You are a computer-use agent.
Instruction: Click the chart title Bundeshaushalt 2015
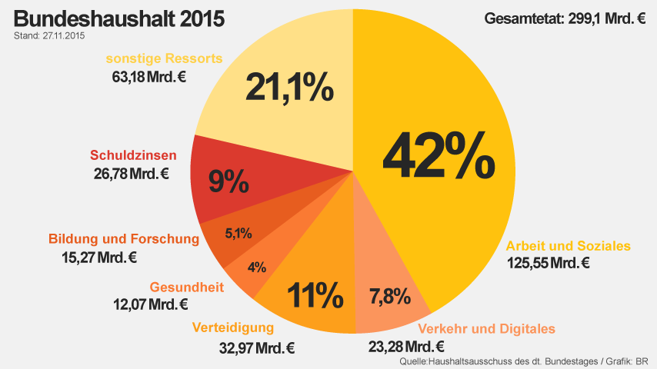[119, 19]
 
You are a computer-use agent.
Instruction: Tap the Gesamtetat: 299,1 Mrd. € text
[565, 18]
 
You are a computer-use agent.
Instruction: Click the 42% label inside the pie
[438, 157]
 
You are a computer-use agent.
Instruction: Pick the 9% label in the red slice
[228, 181]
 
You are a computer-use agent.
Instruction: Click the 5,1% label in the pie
[238, 233]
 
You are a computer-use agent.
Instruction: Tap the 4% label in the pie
[256, 267]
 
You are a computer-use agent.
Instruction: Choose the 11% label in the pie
[315, 294]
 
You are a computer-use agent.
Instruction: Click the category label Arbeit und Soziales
[568, 246]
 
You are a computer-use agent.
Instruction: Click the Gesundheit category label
[187, 288]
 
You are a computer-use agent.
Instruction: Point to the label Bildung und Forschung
[124, 239]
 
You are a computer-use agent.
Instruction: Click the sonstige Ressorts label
[165, 58]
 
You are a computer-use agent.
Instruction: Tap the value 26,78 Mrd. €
[131, 173]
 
